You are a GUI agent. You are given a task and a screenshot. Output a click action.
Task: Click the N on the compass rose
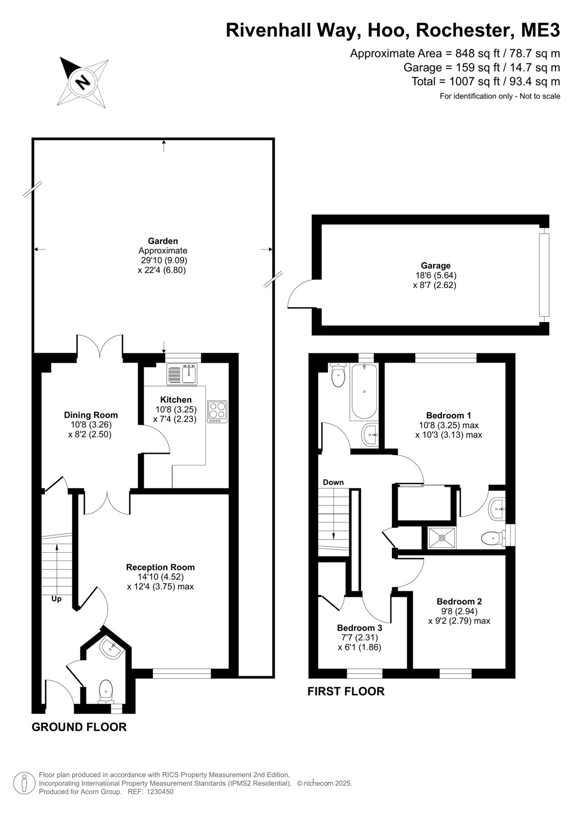[x=83, y=82]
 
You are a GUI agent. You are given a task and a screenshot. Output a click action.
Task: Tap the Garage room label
[x=436, y=266]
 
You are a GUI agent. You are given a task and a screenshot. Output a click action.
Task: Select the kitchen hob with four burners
[x=217, y=412]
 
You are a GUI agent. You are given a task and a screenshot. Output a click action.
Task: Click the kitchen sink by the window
[x=182, y=374]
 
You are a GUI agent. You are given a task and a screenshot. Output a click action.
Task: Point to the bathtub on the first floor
[x=363, y=392]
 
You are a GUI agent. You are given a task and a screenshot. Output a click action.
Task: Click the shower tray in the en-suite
[x=442, y=538]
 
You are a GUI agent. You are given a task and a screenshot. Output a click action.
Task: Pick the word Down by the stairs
[x=333, y=482]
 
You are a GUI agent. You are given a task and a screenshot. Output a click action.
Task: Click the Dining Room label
[x=91, y=415]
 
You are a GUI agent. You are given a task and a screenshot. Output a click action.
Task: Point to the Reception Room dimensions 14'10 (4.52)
[x=161, y=577]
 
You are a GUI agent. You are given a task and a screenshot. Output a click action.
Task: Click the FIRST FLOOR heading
[x=346, y=692]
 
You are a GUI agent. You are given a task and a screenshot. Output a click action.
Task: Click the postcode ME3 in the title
[x=540, y=30]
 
